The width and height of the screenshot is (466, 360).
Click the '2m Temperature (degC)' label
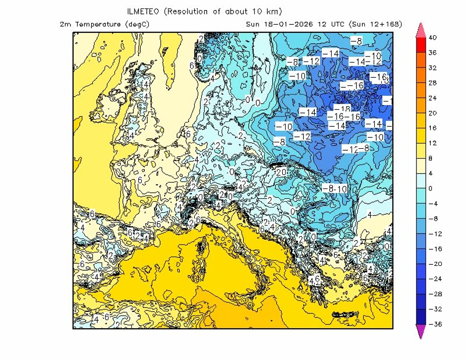(104, 24)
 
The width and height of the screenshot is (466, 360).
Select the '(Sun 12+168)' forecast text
(375, 24)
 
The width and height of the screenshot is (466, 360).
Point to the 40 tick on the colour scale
(432, 37)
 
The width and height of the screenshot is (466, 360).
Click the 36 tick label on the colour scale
(432, 53)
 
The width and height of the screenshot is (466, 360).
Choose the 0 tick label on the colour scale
(430, 188)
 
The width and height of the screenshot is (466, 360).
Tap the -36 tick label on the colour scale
(434, 324)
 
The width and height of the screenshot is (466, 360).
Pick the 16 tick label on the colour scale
(432, 128)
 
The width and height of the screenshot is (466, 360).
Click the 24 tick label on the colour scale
(432, 98)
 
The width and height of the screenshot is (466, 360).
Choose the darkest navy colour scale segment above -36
(420, 316)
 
